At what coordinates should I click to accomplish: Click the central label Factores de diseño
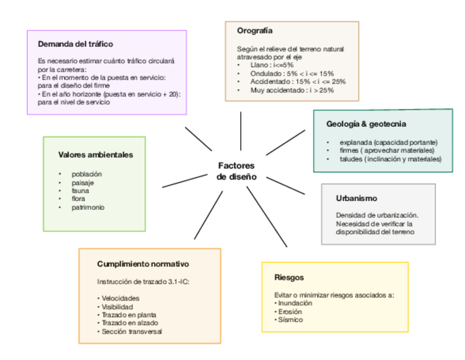coord(236,171)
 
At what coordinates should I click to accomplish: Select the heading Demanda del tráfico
coord(76,44)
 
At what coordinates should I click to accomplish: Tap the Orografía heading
coord(254,31)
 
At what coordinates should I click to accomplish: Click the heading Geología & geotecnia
coord(366,124)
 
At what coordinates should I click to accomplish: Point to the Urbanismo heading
coord(356,199)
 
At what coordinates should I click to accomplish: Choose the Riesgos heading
coord(289,277)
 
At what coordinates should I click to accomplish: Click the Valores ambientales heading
coord(95,155)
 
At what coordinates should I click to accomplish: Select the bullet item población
coord(87,174)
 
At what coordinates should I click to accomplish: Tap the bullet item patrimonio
coord(88,207)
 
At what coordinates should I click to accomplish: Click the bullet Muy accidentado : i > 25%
coord(292,90)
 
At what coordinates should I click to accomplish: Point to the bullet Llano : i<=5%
coord(273,65)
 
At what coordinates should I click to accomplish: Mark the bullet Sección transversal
coord(131,331)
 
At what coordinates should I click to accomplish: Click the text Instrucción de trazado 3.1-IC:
coord(143,282)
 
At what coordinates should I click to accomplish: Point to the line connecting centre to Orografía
coord(241,131)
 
